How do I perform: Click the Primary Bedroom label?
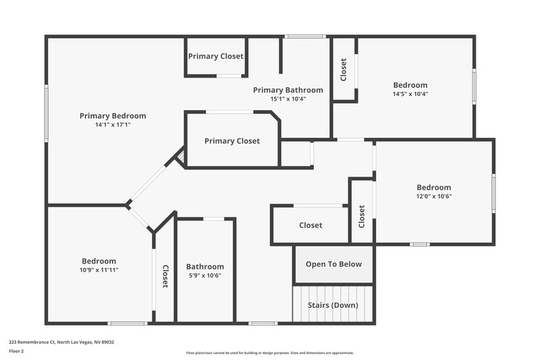112,115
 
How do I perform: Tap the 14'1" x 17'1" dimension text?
112,125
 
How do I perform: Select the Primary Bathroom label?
288,90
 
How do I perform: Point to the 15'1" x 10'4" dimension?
288,99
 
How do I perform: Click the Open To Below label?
333,264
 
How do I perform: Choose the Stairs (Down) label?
333,305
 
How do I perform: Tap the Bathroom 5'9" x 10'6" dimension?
205,276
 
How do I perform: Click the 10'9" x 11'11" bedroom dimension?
99,270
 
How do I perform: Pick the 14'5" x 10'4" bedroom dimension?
410,94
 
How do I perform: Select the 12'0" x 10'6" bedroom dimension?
433,197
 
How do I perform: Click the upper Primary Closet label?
216,56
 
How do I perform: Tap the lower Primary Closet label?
232,141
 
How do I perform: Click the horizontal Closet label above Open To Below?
310,225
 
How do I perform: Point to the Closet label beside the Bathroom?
165,276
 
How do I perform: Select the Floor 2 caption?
17,351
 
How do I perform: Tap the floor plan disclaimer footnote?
269,353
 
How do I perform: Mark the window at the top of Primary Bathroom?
305,36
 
